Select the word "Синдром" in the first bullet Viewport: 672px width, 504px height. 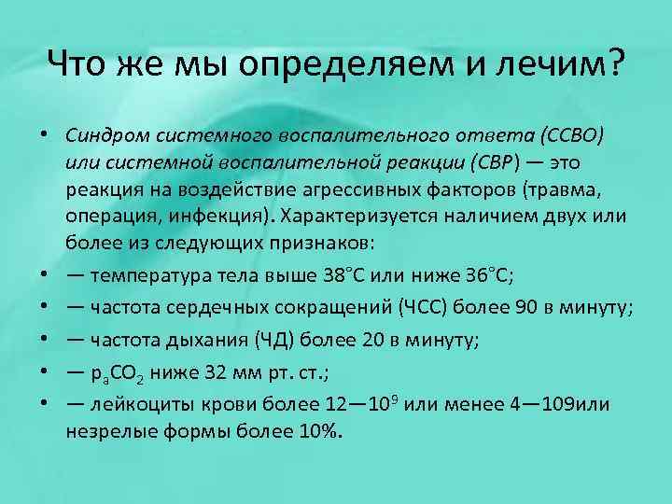click(102, 135)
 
